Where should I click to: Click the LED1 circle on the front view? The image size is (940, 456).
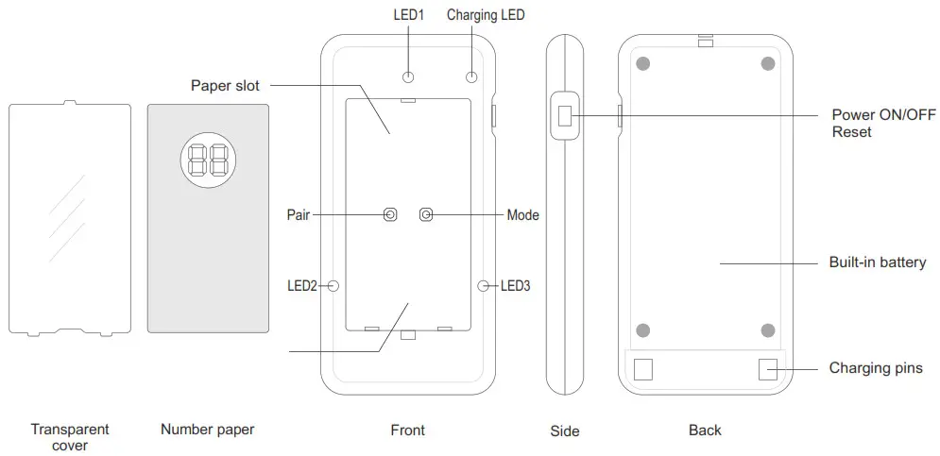tap(408, 76)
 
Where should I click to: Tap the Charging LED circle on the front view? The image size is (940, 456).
tap(471, 76)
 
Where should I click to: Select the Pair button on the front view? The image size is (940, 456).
tap(390, 215)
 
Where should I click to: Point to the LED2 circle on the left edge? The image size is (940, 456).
tap(333, 284)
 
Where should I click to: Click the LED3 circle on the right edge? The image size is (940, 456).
tap(485, 284)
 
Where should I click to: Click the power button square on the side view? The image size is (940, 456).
tap(565, 116)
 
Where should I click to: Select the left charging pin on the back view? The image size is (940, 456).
tap(643, 369)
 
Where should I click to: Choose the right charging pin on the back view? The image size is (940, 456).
tap(768, 369)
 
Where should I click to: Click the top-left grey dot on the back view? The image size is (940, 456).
tap(643, 64)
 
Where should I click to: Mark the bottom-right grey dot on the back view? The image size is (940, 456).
tap(768, 329)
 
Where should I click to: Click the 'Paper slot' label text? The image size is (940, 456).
tap(225, 86)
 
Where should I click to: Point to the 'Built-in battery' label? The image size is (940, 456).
tap(877, 262)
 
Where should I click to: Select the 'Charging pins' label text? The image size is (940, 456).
tap(875, 368)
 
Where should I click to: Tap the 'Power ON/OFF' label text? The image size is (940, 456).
tap(883, 115)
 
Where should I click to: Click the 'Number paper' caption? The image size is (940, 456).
tap(207, 430)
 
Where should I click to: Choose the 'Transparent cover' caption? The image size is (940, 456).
tap(70, 437)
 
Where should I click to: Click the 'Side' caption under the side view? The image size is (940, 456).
tap(564, 431)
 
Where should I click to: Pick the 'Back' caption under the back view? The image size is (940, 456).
tap(705, 430)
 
